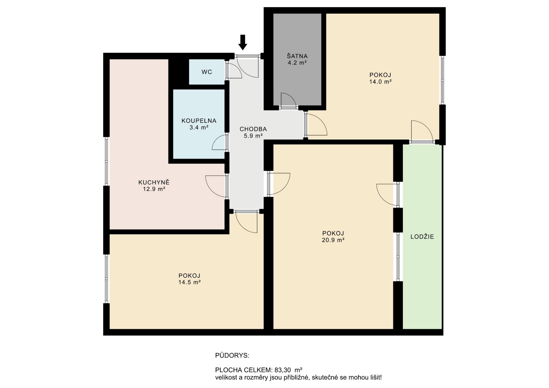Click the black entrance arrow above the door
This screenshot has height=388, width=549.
point(243,42)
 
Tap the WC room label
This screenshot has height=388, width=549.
point(207,72)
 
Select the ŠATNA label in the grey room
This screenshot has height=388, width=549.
point(297,56)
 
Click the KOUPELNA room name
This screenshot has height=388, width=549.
point(199,121)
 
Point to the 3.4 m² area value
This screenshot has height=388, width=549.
point(199,127)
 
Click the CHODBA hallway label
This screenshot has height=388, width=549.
point(253,129)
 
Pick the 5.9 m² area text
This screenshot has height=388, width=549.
point(253,136)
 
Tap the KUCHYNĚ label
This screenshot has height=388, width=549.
point(154,182)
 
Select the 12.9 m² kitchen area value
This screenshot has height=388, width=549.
point(154,189)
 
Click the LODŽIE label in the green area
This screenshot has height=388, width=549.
point(422,237)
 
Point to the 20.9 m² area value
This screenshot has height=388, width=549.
point(333,240)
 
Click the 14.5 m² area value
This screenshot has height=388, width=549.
point(189,282)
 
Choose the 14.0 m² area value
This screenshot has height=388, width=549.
point(380,81)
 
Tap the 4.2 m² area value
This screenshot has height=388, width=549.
point(297,63)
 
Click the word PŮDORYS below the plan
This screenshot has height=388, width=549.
point(232,356)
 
